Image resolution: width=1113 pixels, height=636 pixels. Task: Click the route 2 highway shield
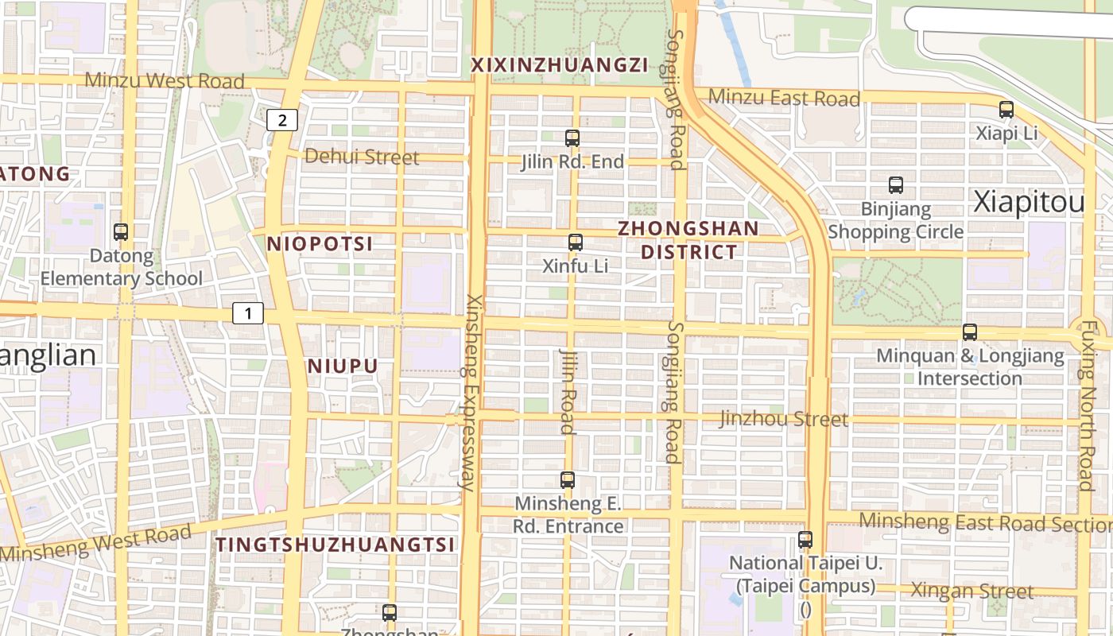coord(282,120)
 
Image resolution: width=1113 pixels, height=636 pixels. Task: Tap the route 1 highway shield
coord(248,313)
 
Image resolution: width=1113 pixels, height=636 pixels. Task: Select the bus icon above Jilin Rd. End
coord(572,138)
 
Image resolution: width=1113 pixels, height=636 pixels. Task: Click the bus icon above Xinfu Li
coord(576,242)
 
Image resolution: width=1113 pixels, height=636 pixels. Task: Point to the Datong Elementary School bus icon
coord(121,232)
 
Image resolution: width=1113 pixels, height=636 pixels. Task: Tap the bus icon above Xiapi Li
coord(1006,110)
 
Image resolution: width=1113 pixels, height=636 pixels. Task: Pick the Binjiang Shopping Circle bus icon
coord(896,185)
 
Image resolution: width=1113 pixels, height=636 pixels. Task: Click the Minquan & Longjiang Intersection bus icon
coord(970,332)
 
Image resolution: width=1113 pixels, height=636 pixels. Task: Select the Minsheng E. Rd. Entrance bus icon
coord(568,480)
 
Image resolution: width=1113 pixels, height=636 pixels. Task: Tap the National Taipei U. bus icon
coord(805,540)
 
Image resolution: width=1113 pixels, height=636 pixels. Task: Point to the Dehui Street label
coord(362,157)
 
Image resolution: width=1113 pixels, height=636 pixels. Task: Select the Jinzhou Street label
coord(784,418)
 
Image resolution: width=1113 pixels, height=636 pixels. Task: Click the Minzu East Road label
coord(784,98)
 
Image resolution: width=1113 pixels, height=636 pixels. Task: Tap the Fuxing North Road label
coord(1087,405)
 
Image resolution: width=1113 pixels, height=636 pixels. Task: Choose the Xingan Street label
coord(971,591)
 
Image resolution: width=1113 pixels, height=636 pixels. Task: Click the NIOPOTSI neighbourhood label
coord(320,244)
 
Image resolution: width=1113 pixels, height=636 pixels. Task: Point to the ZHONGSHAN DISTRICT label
coord(688,240)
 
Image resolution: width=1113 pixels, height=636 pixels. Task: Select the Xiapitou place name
coord(1029,203)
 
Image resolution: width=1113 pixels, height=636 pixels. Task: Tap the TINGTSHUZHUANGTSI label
coord(335,545)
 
